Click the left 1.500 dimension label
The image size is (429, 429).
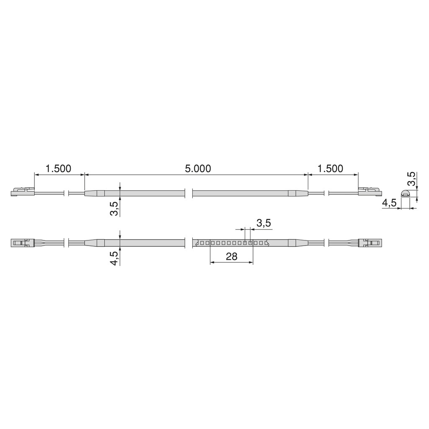(x=58, y=168)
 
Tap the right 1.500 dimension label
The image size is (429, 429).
(x=330, y=168)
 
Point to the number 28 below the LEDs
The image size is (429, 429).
(x=231, y=256)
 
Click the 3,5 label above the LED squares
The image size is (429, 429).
(x=263, y=223)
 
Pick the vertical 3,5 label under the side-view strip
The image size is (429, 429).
(x=114, y=208)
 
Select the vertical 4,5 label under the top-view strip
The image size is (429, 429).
(x=114, y=257)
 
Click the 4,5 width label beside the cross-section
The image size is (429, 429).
(x=389, y=203)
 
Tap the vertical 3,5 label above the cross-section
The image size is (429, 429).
(x=412, y=179)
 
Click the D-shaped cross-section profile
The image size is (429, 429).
(x=406, y=193)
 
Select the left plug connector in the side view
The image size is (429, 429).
(x=22, y=191)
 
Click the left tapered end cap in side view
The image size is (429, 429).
(x=94, y=194)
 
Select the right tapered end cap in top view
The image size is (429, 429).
(x=298, y=243)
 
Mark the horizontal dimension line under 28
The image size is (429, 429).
(x=231, y=263)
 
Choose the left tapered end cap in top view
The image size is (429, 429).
(x=94, y=243)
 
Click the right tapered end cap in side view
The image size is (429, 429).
(x=298, y=194)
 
